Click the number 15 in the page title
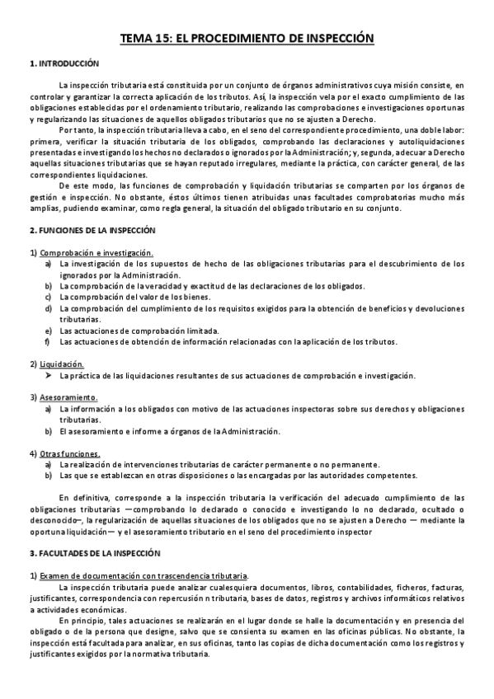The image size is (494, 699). [x=162, y=38]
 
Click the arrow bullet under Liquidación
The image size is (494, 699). [x=49, y=375]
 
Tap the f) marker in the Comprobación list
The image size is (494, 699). [x=48, y=341]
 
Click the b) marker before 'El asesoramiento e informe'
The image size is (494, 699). [x=48, y=430]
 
